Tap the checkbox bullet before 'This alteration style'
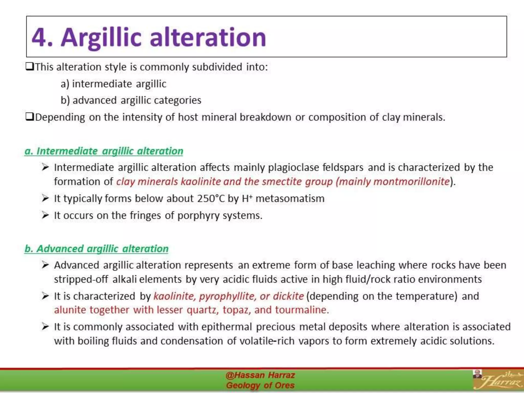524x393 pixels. coord(30,67)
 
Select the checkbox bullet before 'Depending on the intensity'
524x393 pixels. coord(30,117)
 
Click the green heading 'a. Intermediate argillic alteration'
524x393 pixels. coord(104,151)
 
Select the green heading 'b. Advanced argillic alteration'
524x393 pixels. coord(96,249)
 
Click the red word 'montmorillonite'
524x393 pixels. coord(411,182)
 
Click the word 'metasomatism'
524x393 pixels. coord(290,199)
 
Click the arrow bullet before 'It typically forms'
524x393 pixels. coord(45,198)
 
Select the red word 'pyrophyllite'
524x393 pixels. coord(227,296)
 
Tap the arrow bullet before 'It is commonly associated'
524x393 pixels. coord(45,327)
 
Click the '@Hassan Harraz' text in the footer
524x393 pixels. coord(260,375)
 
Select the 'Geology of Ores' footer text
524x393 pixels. coord(260,385)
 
